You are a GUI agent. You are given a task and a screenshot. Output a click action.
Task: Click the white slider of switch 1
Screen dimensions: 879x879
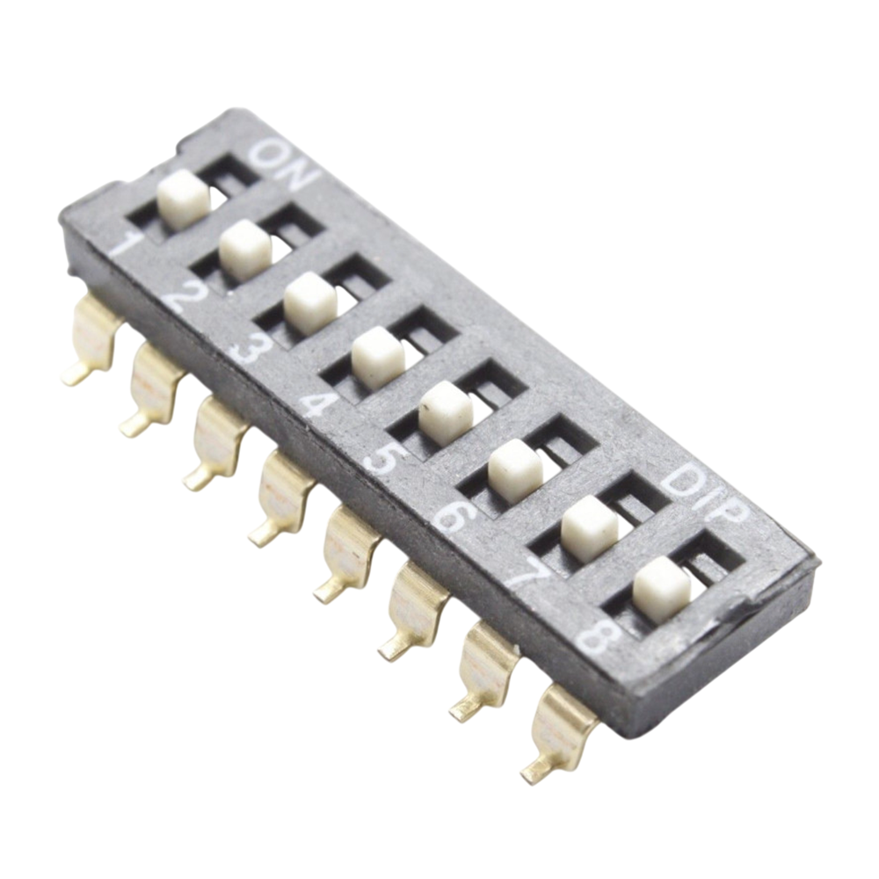point(184,199)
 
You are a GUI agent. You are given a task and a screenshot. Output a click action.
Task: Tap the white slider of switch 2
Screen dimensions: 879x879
point(245,250)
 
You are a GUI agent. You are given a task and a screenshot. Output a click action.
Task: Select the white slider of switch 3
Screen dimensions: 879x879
point(310,304)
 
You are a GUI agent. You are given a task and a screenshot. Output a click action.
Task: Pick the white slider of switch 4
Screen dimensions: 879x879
point(379,358)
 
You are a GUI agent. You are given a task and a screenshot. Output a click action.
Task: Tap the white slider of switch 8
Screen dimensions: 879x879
point(662,591)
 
